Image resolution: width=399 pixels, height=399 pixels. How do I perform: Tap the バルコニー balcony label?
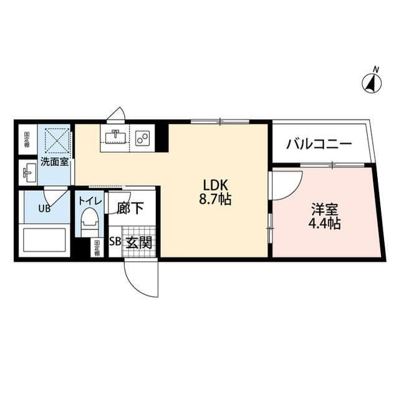point(319,144)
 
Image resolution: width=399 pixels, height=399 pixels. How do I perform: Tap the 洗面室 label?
point(55,162)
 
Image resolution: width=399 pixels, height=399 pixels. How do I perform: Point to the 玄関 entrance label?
point(139,242)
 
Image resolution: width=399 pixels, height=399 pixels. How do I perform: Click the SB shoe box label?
point(115,243)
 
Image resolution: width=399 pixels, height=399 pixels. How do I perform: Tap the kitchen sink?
point(115,137)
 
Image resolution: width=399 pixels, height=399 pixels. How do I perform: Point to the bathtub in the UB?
point(44,240)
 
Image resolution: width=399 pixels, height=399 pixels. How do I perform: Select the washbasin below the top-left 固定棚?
point(28,170)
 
